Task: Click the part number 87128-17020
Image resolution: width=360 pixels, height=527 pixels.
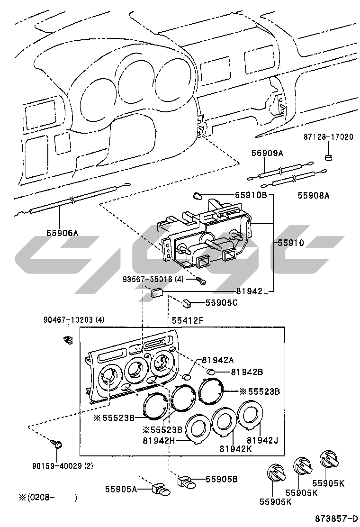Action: pos(328,137)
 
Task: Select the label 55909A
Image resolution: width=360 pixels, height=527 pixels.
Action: pos(267,153)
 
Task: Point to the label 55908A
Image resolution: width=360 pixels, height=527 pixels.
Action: pos(313,194)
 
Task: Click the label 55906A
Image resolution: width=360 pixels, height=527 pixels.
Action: pos(62,232)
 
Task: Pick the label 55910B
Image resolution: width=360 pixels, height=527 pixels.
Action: pos(251,195)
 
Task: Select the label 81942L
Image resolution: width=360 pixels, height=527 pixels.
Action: pos(252,291)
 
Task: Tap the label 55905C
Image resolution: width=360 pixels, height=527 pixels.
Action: pos(221,302)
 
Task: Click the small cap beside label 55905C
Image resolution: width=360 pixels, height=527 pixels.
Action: pos(188,301)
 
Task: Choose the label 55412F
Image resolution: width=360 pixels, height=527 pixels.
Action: pos(187,321)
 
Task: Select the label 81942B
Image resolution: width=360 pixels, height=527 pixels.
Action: pos(247,372)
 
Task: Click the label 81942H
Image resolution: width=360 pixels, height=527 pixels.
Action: pos(159,440)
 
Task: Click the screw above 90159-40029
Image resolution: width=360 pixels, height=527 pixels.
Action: pos(58,445)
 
